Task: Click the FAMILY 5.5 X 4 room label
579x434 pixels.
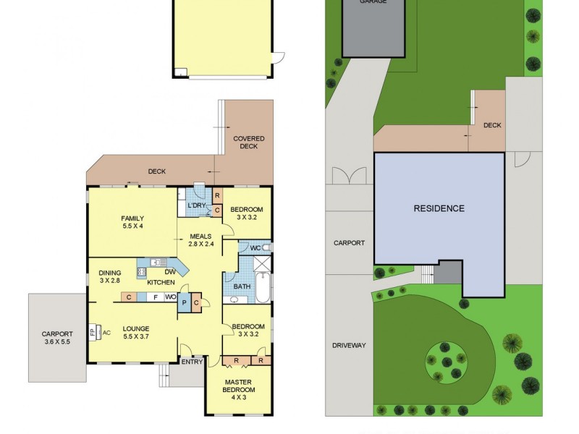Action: (x=132, y=222)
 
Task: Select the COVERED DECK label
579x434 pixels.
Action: (x=248, y=142)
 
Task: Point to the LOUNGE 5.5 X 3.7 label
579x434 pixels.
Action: (x=135, y=332)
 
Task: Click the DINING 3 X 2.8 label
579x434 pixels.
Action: (x=110, y=277)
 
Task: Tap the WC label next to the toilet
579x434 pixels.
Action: (x=255, y=249)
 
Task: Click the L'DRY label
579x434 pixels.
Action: (x=196, y=207)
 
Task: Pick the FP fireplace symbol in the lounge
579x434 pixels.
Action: (x=93, y=333)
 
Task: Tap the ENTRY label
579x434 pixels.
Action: (x=193, y=361)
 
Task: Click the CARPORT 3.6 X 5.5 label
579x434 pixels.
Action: (x=56, y=339)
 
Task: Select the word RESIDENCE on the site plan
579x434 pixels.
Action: (x=439, y=208)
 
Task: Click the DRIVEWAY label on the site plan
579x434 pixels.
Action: (x=349, y=345)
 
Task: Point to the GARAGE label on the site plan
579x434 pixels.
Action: (x=373, y=2)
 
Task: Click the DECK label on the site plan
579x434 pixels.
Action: (x=492, y=125)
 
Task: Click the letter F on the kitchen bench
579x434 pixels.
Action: (x=155, y=297)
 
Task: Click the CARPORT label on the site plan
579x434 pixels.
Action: (x=349, y=243)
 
